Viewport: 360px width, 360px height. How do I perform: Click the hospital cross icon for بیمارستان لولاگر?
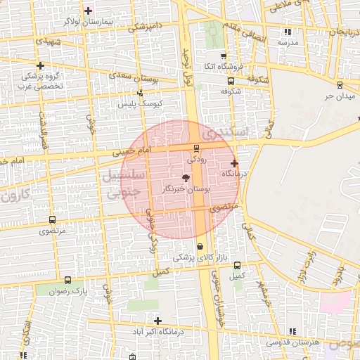tap(88, 11)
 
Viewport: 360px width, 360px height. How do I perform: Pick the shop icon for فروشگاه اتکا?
tap(224, 56)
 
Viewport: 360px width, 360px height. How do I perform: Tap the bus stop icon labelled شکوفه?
tap(231, 81)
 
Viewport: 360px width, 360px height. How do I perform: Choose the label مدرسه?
tap(286, 42)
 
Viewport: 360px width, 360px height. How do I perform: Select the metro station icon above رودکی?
tap(195, 148)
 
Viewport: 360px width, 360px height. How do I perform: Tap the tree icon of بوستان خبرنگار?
tap(186, 179)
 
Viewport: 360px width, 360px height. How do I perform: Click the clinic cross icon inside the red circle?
tap(234, 163)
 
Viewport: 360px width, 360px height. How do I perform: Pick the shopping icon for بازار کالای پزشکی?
tap(202, 246)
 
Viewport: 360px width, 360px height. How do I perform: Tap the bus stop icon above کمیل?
tap(237, 265)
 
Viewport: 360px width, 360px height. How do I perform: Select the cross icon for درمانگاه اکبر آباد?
tap(158, 321)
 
